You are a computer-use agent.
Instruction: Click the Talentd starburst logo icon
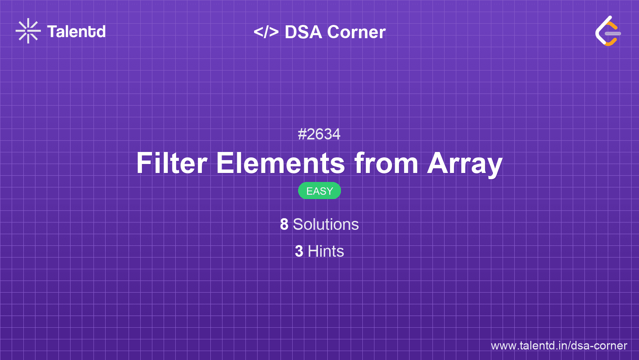point(28,31)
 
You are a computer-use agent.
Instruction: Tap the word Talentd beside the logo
point(76,32)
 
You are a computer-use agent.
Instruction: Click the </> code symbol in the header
point(266,32)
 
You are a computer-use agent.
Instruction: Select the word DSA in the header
point(304,32)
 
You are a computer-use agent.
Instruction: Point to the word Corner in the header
point(357,32)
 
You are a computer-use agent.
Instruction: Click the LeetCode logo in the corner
point(607,31)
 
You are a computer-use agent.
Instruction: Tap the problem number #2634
point(319,134)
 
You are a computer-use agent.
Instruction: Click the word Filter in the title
point(172,163)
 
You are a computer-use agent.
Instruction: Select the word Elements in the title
point(281,163)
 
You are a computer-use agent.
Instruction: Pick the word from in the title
point(386,163)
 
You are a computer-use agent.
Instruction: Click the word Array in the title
point(465,163)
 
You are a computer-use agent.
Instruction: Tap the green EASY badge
point(319,191)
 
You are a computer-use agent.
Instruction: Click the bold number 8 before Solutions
point(284,224)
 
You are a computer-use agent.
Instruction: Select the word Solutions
point(326,224)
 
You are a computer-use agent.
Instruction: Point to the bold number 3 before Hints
point(299,251)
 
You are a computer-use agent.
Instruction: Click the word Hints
point(326,251)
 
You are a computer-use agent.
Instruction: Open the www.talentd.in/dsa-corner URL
point(559,346)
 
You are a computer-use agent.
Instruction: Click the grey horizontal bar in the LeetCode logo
point(613,34)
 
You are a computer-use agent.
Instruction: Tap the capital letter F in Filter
point(144,163)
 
